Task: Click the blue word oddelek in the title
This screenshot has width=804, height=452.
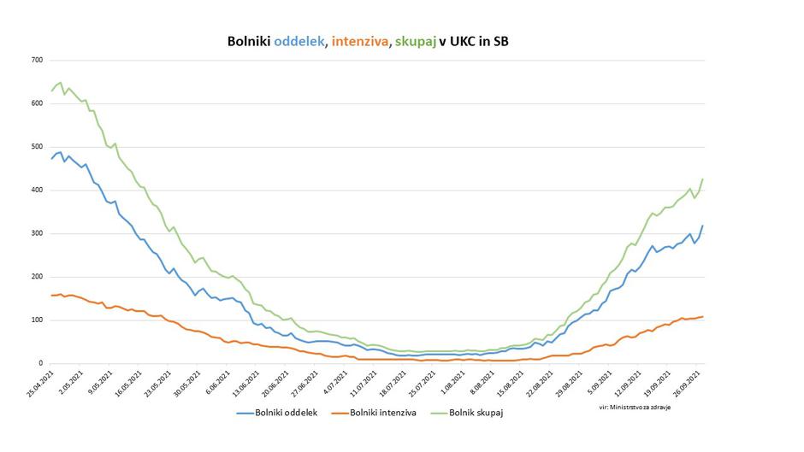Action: pyautogui.click(x=299, y=41)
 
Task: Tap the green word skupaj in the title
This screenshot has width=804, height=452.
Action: pyautogui.click(x=413, y=41)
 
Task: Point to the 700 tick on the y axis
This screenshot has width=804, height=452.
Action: pyautogui.click(x=37, y=60)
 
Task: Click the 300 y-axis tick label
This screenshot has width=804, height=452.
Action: pyautogui.click(x=37, y=233)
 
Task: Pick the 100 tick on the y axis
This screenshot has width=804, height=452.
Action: pyautogui.click(x=37, y=320)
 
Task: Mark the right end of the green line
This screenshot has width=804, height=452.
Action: pyautogui.click(x=703, y=179)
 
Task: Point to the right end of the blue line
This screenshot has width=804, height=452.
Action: pyautogui.click(x=703, y=226)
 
